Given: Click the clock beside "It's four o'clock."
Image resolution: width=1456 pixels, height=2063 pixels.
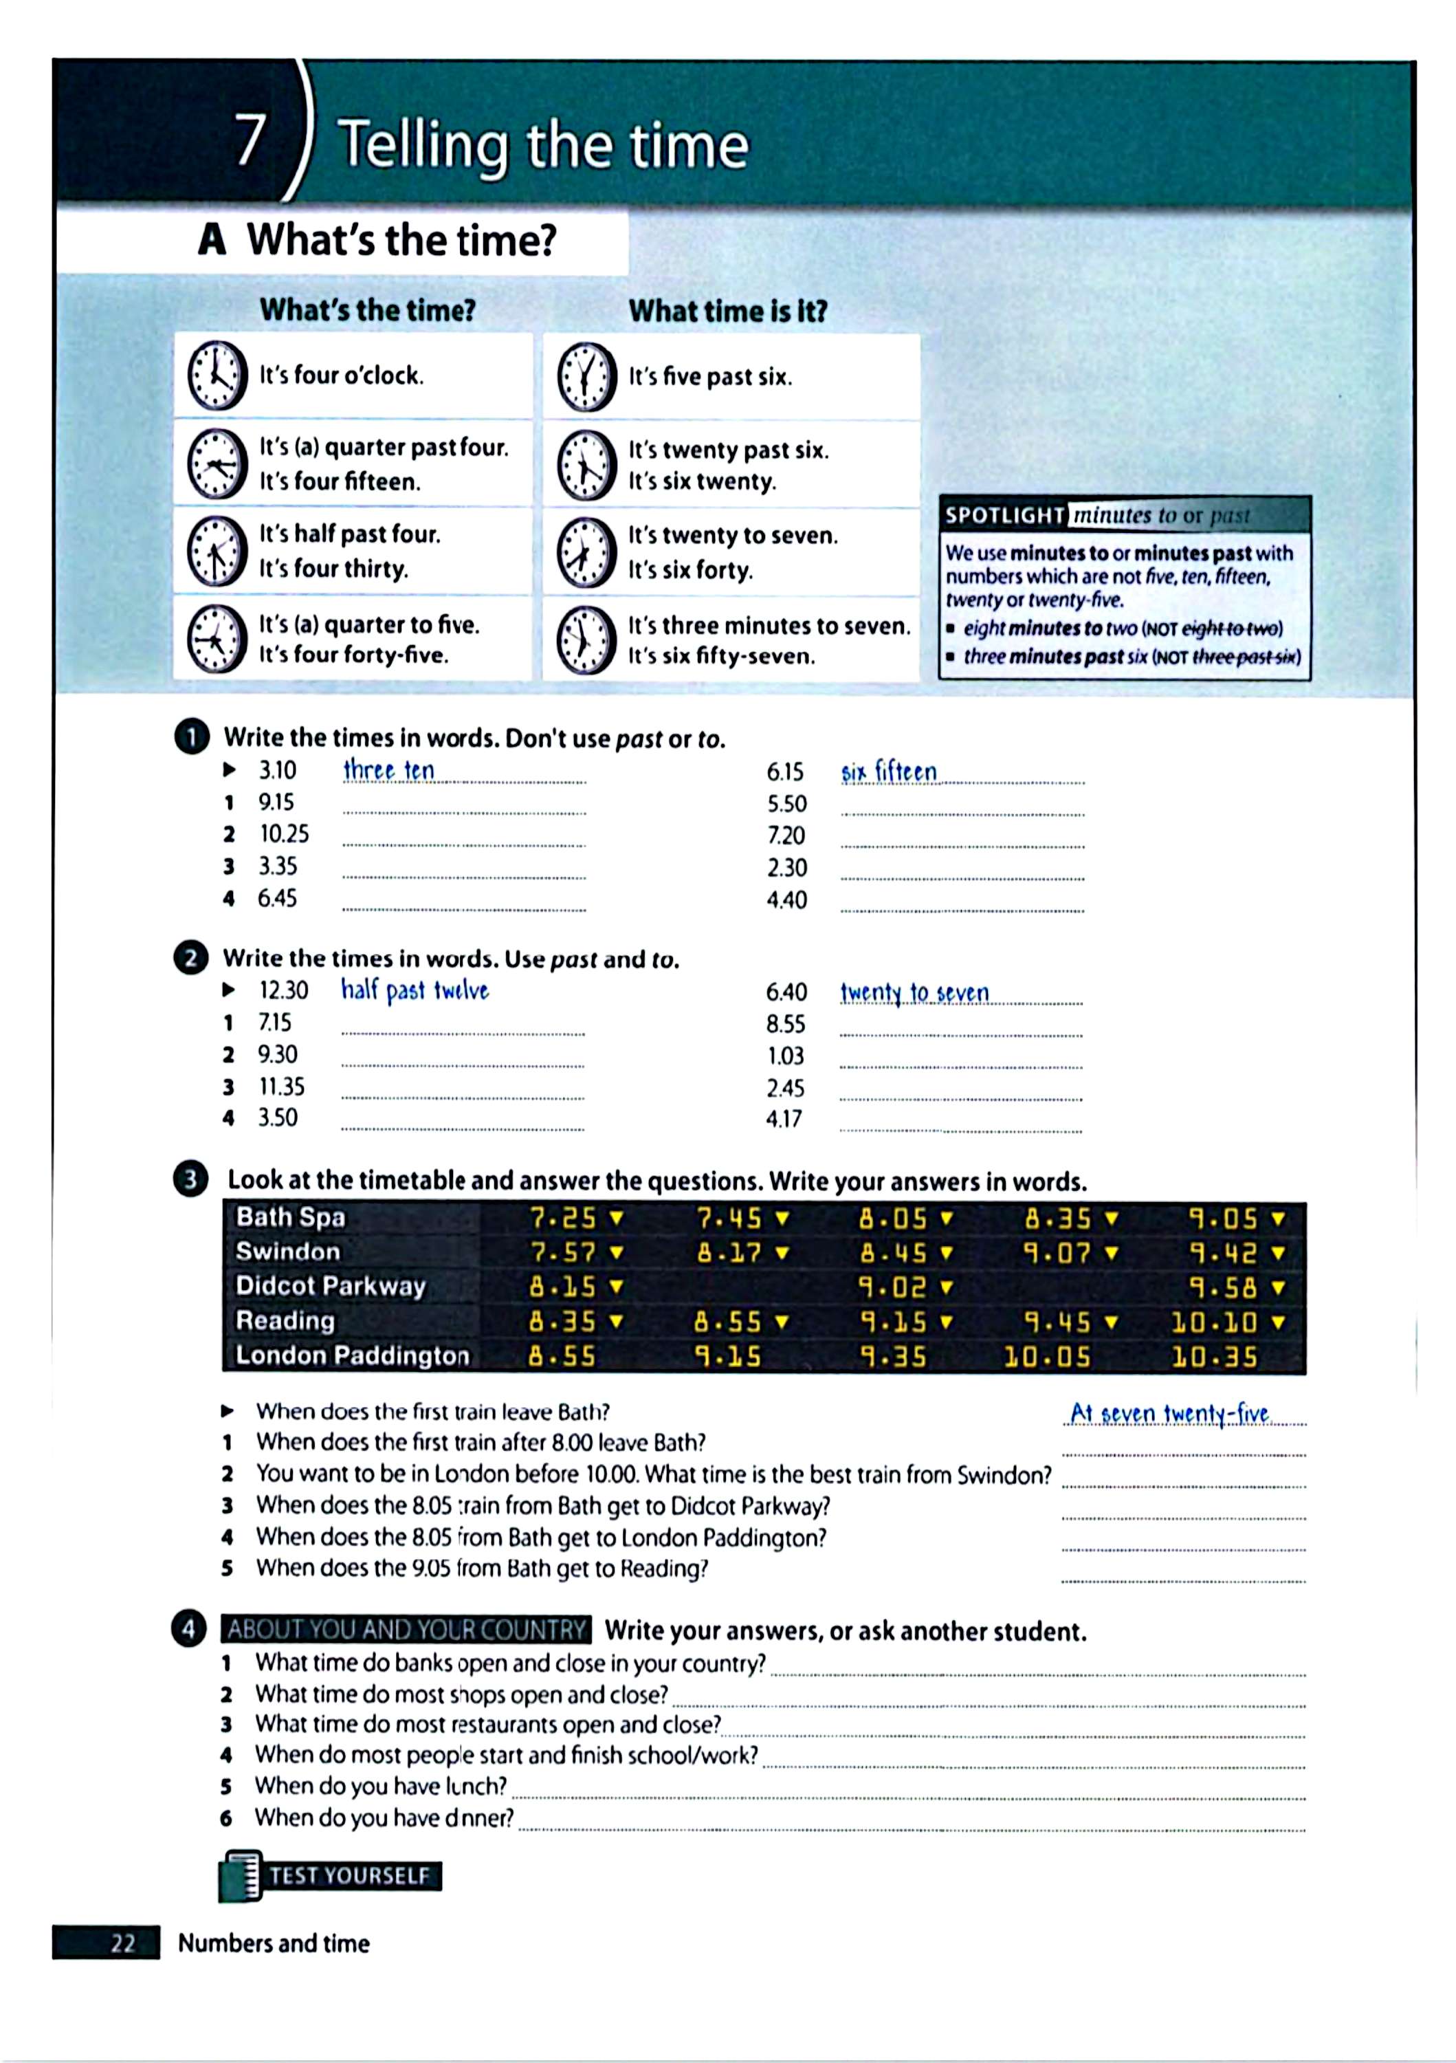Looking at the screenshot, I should pos(217,375).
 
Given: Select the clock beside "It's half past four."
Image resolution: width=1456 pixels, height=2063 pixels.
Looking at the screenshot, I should pos(217,551).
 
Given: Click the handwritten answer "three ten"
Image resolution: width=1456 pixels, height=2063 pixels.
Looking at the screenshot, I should pos(389,771).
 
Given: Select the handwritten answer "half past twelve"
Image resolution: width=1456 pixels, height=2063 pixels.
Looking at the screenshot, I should pos(415,990).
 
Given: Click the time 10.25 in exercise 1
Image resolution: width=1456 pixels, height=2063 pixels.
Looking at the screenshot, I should pos(284,834).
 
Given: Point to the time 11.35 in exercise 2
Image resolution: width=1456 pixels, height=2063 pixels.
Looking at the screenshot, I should pos(282,1087).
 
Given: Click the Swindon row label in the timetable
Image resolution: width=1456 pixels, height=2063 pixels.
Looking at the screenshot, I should pos(288,1252).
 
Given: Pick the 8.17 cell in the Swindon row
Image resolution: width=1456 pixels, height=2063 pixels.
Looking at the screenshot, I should pos(729,1252).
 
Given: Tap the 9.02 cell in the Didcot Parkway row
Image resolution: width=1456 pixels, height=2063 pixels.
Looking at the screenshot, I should pos(892,1287).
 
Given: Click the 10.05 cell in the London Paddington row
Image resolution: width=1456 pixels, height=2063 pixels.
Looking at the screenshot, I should pos(1047,1356).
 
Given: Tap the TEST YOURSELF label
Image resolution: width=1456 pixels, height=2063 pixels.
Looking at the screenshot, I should pos(349,1875).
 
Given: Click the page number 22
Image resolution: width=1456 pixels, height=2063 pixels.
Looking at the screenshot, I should pos(123,1943).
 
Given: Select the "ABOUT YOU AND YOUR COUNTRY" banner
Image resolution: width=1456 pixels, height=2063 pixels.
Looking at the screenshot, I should pos(406,1629).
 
